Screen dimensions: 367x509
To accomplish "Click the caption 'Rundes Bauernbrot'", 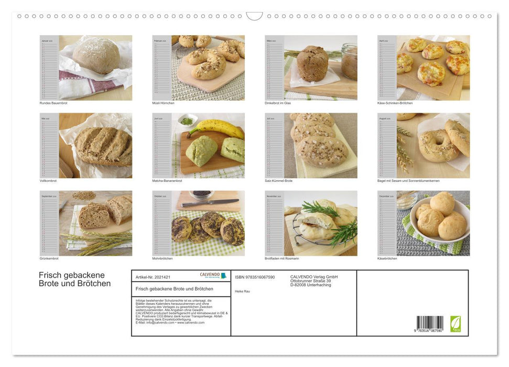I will coord(53,103).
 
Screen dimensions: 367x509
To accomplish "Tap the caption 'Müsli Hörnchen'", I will coord(163,103).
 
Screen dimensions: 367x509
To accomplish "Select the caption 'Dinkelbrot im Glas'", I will coord(278,103).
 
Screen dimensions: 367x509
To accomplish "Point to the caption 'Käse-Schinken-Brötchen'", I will coord(395,103).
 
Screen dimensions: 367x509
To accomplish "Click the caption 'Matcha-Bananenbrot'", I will coord(166,180).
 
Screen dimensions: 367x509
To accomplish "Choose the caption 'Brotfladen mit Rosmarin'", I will coord(281,258).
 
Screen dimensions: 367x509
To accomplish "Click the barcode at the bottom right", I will coord(430,323).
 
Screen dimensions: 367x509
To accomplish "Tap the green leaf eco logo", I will coord(456,323).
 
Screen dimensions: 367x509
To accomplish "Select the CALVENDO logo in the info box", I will coord(213,275).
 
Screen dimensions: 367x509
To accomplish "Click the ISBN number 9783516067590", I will coord(255,277).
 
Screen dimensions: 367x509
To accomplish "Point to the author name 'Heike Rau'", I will coord(243,291).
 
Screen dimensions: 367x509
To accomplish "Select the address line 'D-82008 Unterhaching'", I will coord(310,285).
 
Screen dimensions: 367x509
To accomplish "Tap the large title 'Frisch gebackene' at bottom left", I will coord(72,275).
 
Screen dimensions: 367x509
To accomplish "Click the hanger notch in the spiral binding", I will coord(254,16).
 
